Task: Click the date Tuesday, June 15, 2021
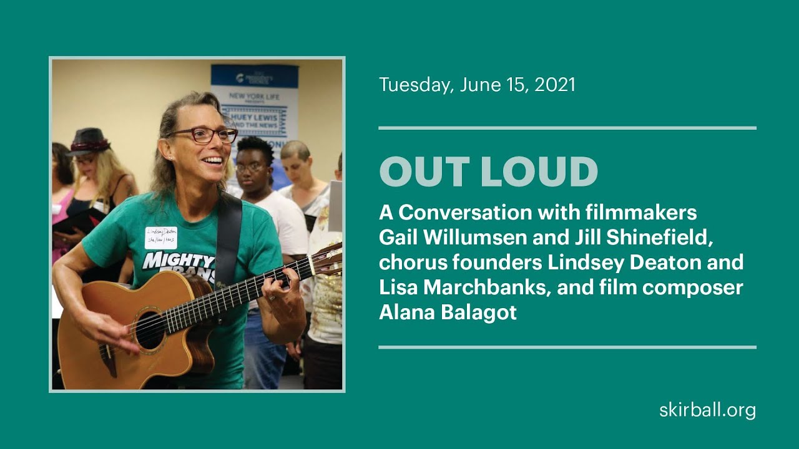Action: coord(477,85)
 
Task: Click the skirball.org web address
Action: coord(707,410)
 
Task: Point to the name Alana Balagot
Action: coord(448,312)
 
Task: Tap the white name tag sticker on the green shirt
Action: coord(160,238)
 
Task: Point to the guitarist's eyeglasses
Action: coord(202,135)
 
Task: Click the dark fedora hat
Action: coord(89,142)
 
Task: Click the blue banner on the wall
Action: coord(254,100)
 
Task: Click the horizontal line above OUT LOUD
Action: coord(567,128)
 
